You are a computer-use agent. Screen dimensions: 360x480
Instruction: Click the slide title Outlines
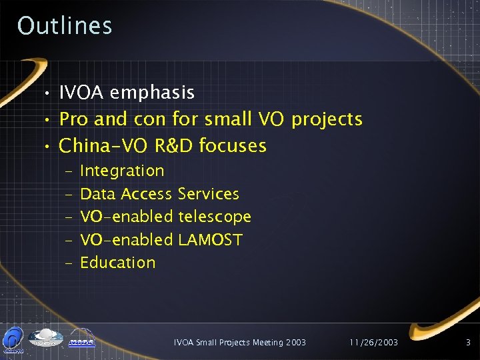coord(65,25)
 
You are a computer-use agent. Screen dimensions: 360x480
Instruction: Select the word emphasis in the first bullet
coord(152,93)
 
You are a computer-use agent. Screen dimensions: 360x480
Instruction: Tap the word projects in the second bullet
coord(327,120)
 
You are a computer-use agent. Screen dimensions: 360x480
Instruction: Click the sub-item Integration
coord(122,171)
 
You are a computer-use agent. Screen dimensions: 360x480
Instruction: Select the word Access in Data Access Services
coord(147,194)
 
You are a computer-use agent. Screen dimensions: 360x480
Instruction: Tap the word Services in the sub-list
coord(209,194)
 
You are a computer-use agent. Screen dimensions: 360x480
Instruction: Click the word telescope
coord(215,217)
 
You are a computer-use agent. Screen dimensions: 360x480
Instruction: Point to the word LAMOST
coord(211,239)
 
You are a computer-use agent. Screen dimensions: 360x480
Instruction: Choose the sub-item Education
coord(117,263)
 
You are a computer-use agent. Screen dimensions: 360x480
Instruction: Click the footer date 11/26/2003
coord(374,343)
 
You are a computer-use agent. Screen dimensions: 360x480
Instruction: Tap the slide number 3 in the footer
coord(468,343)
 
